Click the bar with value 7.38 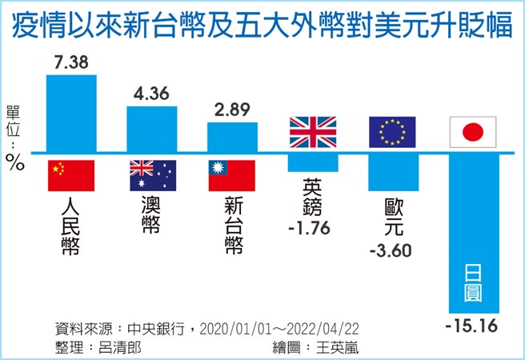point(71,112)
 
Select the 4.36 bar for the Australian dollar point(152,128)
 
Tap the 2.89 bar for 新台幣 point(232,136)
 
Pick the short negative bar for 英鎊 point(313,162)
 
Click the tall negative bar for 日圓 point(474,232)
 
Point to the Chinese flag point(71,175)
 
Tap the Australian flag point(152,175)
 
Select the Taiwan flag point(232,175)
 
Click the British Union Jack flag point(313,131)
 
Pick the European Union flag point(393,131)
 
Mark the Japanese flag point(474,131)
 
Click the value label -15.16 point(472,327)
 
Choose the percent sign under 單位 point(15,162)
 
